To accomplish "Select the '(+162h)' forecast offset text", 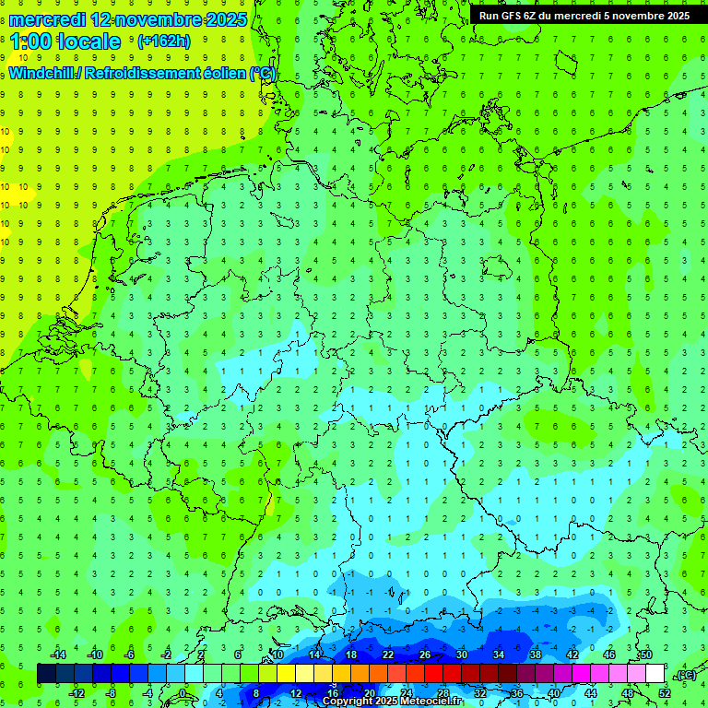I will [x=163, y=41].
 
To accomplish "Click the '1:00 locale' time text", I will [x=65, y=41].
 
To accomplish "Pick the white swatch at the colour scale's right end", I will [x=655, y=674].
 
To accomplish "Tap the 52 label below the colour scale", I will [x=665, y=693].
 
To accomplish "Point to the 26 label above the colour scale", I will [x=425, y=655].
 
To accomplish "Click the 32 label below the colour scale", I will [x=480, y=693].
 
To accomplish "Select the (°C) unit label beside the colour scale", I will [x=686, y=675].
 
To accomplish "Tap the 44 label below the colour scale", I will [x=591, y=693].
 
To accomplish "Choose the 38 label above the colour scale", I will [x=536, y=655].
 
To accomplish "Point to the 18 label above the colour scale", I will [x=351, y=655].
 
